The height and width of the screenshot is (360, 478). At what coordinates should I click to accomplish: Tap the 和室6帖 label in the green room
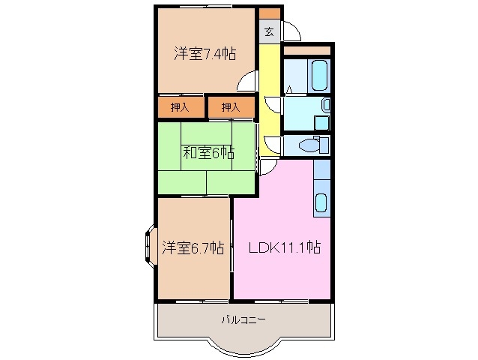coord(208,153)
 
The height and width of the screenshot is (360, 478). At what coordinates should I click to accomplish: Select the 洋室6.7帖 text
coord(193,247)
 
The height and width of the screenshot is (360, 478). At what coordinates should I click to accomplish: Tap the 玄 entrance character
coord(269,31)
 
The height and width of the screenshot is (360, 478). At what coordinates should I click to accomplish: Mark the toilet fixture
coord(310,143)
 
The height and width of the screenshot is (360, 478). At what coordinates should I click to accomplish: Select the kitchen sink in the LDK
coord(321,202)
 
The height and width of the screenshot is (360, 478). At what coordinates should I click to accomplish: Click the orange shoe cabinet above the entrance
coord(270,13)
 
